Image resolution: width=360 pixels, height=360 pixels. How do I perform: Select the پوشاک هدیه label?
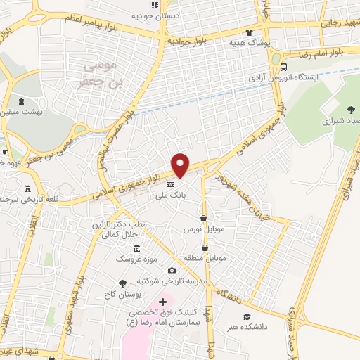coord(251,43)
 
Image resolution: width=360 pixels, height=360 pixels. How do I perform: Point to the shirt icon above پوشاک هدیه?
coord(249,32)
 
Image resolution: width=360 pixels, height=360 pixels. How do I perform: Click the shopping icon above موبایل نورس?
coord(203,218)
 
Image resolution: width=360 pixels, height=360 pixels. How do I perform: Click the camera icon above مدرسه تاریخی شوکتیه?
coord(172,270)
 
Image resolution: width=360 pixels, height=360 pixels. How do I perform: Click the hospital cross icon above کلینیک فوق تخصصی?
coord(164,301)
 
